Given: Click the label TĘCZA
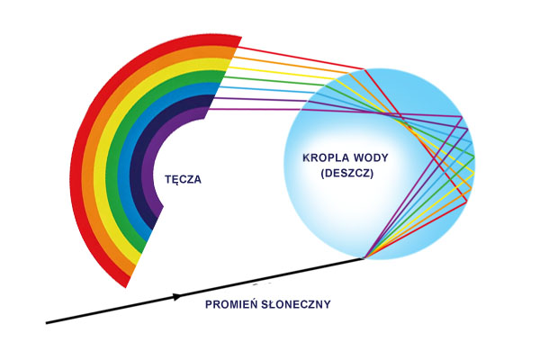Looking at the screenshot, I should coord(183,179).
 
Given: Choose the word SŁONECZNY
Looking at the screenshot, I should coord(297,304).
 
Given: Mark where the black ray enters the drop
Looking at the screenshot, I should coord(363,259).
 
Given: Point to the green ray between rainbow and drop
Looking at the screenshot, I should coord(279,85).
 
